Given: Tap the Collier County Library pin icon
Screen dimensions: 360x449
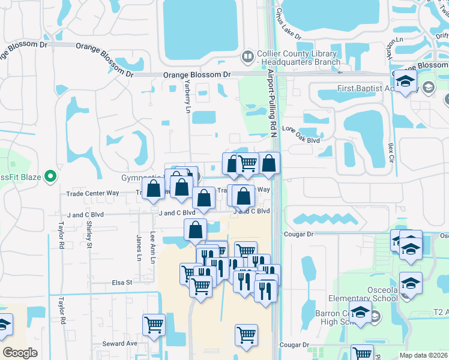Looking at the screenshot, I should (x=247, y=57).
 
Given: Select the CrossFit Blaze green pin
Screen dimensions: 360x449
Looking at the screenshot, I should (x=50, y=176).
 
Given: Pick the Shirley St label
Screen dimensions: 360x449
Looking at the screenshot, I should (x=89, y=233).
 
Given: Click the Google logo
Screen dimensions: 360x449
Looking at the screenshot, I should (x=20, y=352).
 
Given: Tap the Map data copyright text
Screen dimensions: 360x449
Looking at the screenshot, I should (x=424, y=355).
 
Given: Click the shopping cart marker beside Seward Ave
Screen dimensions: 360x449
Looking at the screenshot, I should (x=154, y=325).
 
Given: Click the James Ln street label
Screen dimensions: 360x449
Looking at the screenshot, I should (x=139, y=247).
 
